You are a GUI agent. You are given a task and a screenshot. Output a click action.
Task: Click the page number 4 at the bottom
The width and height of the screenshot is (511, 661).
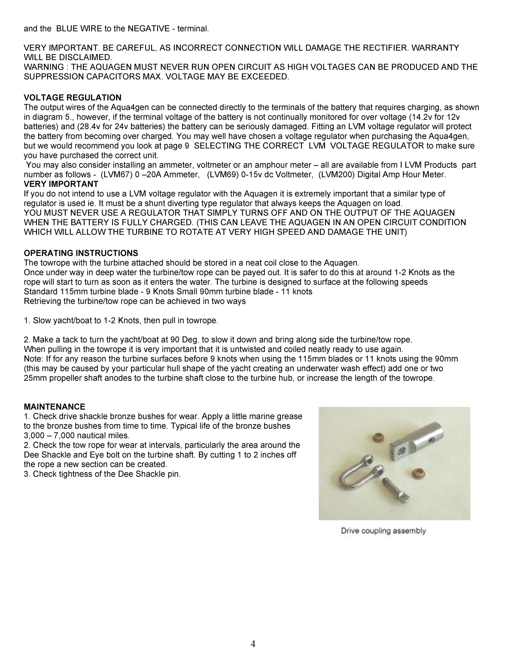[253, 644]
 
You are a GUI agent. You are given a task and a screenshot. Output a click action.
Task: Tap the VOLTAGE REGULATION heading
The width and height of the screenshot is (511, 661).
[73, 97]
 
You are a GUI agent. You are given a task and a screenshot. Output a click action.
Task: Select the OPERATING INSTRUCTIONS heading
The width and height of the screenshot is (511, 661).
[81, 253]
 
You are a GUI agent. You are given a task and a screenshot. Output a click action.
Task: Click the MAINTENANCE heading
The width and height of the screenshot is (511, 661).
[55, 406]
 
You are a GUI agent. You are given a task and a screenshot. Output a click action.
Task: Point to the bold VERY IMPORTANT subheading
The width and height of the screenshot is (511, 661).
[61, 184]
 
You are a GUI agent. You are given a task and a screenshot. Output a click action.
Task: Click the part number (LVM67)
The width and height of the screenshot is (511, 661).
[115, 175]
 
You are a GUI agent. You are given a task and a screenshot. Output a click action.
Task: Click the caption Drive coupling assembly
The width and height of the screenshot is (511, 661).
[383, 531]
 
